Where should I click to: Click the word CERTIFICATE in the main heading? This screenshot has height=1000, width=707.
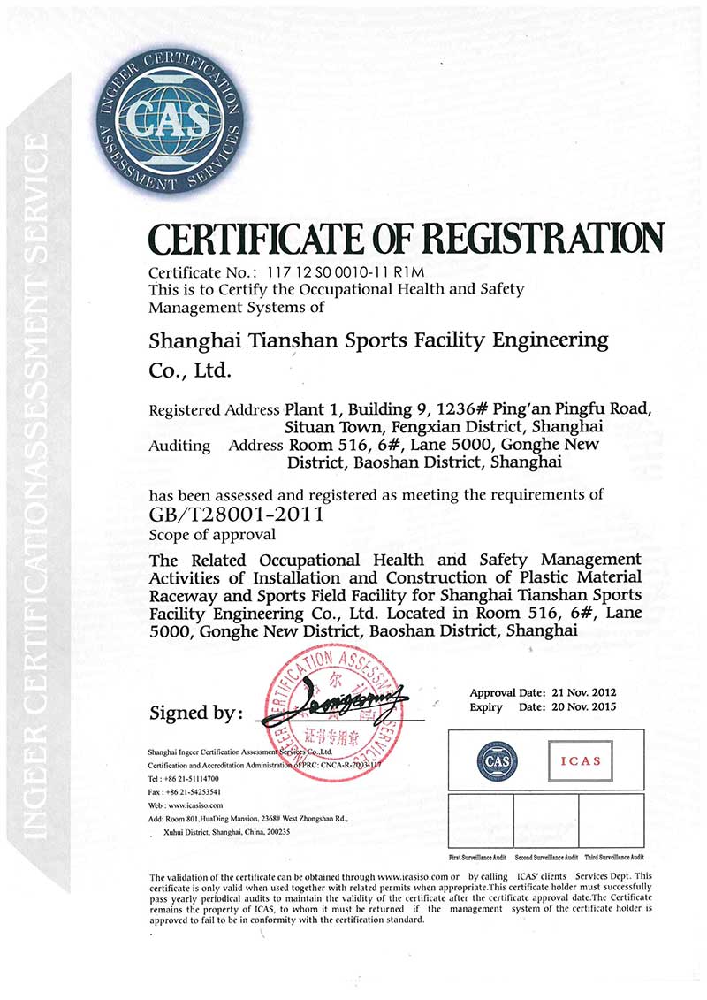(267, 239)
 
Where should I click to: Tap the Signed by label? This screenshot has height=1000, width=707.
(193, 713)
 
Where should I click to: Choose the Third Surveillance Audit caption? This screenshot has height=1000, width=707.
(612, 858)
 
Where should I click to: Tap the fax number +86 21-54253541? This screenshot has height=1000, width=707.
(193, 792)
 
